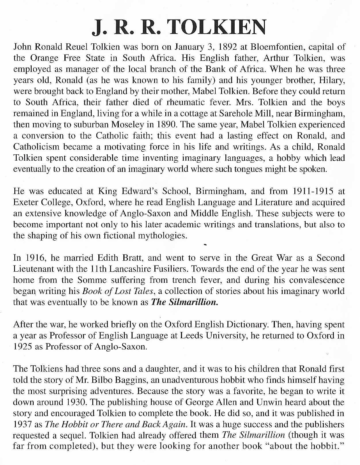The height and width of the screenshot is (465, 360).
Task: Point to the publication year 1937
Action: (x=22, y=424)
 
